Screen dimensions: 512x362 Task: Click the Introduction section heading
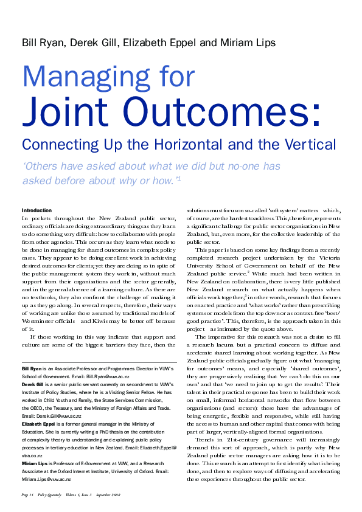(37, 210)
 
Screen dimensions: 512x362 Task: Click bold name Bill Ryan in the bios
(31, 369)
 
